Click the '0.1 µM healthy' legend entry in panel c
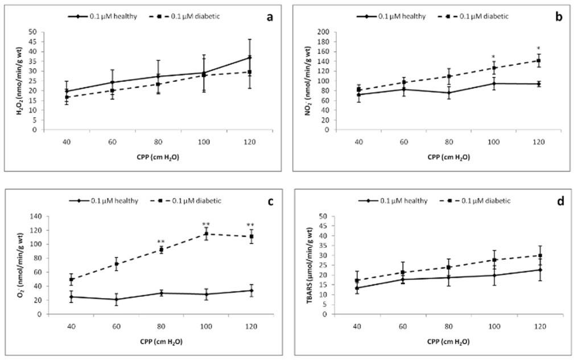tap(106, 201)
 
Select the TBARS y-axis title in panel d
tap(311, 265)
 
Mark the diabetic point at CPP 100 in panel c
tap(206, 234)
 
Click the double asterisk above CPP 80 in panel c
tap(162, 241)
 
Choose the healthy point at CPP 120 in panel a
tap(249, 57)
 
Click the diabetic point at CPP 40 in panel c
tap(72, 279)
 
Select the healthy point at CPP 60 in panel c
tap(117, 300)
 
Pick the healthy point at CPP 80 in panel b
tap(449, 93)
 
